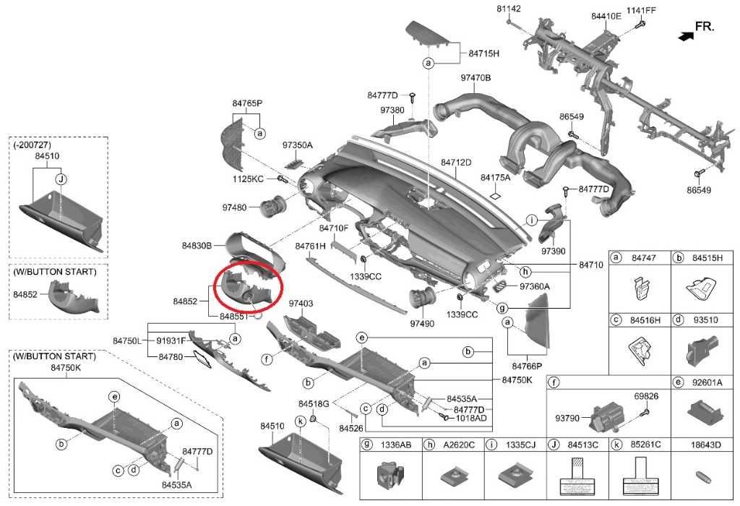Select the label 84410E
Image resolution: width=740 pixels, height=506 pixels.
[606, 16]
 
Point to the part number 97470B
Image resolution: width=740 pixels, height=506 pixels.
[476, 77]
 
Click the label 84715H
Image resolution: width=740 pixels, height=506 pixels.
[484, 53]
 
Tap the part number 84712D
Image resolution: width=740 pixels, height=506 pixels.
[456, 162]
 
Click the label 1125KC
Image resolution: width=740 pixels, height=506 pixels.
[249, 179]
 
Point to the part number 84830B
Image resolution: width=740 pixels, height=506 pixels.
[197, 246]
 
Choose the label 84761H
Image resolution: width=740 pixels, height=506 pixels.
[310, 246]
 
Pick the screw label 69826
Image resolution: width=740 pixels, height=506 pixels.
[646, 396]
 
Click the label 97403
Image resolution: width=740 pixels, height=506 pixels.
[301, 304]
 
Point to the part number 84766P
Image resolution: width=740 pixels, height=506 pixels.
[527, 366]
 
